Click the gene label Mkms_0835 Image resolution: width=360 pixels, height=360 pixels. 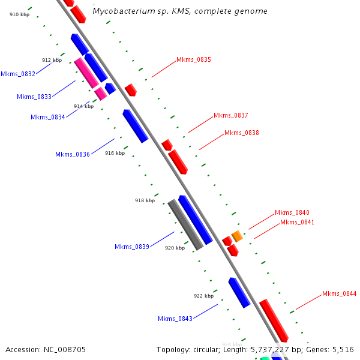click(193, 60)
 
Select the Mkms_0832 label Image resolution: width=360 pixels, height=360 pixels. click(18, 74)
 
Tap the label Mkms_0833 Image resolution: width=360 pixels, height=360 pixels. click(34, 97)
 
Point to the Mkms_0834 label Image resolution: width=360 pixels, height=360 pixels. click(47, 118)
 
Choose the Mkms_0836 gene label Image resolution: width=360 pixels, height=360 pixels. click(73, 155)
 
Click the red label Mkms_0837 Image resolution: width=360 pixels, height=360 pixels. click(230, 116)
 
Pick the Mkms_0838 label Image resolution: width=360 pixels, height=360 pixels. click(241, 133)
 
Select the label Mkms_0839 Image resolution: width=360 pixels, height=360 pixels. click(132, 247)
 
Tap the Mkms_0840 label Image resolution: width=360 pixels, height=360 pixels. click(292, 213)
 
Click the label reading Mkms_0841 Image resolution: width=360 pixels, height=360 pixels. click(297, 223)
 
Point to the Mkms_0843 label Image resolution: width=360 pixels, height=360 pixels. click(175, 319)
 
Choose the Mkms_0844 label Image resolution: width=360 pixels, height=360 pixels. click(339, 294)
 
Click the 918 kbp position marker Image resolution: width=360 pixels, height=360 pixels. click(145, 201)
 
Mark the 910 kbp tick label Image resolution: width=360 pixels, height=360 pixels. click(19, 14)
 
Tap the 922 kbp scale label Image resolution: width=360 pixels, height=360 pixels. click(203, 296)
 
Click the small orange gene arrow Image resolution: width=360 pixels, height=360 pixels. click(237, 236)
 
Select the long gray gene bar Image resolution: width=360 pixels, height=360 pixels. click(185, 224)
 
